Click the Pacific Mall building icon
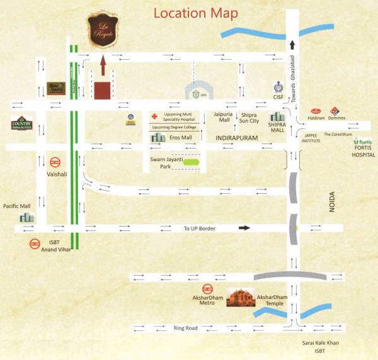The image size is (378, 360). click(x=26, y=217)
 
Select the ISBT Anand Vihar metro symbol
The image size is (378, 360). click(x=35, y=244)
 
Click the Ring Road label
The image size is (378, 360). click(x=186, y=328)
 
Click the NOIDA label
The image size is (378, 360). click(x=332, y=214)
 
